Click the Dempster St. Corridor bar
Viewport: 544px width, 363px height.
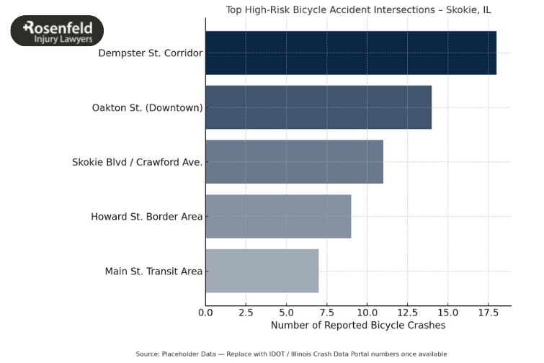(x=351, y=53)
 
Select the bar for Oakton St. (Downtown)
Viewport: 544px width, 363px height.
(x=318, y=107)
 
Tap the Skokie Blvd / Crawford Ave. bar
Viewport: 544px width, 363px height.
(x=294, y=162)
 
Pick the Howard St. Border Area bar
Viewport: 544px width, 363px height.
(x=278, y=216)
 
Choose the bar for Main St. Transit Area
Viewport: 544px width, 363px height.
(x=262, y=271)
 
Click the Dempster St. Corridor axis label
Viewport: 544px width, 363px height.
(x=150, y=53)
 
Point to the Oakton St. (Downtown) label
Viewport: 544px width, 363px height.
(x=147, y=108)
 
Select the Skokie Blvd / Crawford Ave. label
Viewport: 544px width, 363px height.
(x=137, y=162)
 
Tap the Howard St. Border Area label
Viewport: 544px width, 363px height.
(x=146, y=217)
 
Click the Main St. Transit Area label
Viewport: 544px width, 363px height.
(x=153, y=272)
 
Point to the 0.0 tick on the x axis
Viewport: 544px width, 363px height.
(x=205, y=313)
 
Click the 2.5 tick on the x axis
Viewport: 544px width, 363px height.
(x=246, y=313)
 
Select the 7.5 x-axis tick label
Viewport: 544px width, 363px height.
(x=326, y=313)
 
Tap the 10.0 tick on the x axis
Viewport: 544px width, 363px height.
(x=367, y=313)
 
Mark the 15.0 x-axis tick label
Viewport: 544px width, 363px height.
(x=447, y=313)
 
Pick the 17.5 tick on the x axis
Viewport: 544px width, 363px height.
(x=488, y=313)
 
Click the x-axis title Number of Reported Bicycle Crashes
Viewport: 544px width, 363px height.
(x=358, y=326)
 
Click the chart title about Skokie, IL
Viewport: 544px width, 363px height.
(x=358, y=10)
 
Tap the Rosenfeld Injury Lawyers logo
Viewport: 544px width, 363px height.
(x=57, y=31)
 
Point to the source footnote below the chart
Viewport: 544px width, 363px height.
(x=291, y=354)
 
